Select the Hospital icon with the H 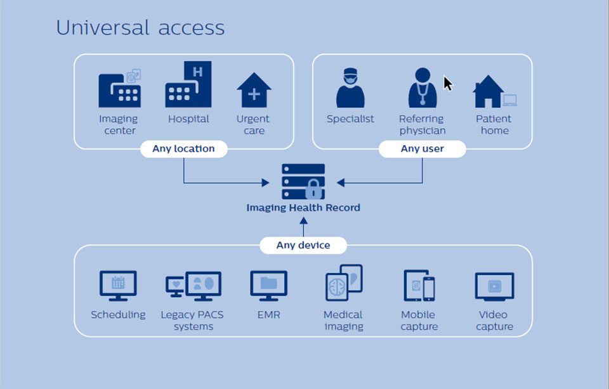click(188, 85)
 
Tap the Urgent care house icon click(254, 90)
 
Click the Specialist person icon click(350, 89)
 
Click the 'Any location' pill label click(183, 149)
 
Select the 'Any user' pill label click(422, 149)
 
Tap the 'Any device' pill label click(303, 245)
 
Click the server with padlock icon click(303, 182)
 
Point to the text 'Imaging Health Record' click(303, 207)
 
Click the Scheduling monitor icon click(118, 285)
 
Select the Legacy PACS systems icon click(193, 286)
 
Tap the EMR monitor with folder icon click(268, 285)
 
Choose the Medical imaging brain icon click(343, 283)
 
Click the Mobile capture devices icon click(419, 285)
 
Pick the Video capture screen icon click(494, 286)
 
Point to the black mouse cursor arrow click(447, 83)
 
